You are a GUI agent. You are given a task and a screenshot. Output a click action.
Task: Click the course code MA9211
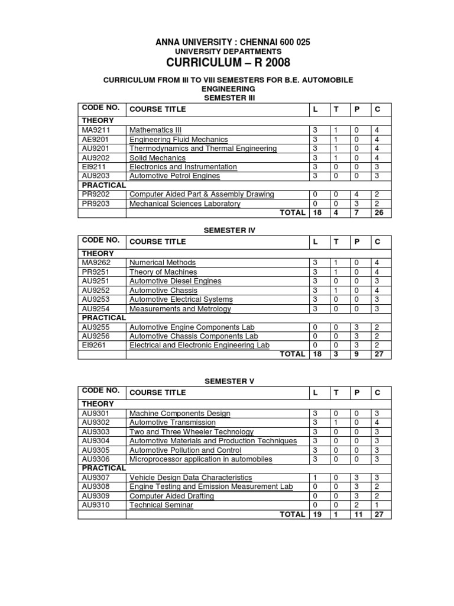[x=96, y=130]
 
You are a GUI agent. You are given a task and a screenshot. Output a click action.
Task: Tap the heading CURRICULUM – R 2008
[x=228, y=63]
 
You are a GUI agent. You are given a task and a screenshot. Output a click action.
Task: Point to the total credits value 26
[x=378, y=213]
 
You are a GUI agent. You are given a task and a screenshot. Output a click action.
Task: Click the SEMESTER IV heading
[x=229, y=229]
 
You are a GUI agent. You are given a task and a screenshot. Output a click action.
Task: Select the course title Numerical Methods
[x=163, y=262]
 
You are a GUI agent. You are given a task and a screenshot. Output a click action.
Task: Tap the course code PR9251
[x=95, y=272]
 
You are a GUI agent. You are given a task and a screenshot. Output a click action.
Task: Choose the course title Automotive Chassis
[x=159, y=291]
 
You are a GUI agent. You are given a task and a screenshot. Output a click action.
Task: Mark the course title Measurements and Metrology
[x=180, y=309]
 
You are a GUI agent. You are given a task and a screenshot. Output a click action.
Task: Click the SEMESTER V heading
[x=229, y=381]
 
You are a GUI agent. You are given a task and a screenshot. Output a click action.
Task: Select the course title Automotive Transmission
[x=173, y=423]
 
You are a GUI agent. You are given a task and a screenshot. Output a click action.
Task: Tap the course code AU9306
[x=96, y=459]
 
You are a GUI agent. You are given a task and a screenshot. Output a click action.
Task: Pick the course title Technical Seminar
[x=161, y=505]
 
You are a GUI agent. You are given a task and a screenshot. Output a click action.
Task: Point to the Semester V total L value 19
[x=317, y=514]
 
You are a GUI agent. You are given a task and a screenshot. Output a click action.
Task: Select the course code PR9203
[x=96, y=204]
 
